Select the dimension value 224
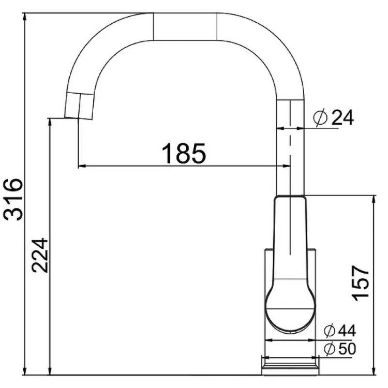(40, 255)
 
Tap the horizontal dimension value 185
(184, 154)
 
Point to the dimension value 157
(361, 283)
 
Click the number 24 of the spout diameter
(342, 118)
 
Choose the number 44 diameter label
(347, 331)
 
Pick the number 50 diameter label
(347, 349)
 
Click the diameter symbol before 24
(321, 118)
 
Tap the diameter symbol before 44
(330, 331)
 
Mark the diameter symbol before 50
(330, 349)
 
